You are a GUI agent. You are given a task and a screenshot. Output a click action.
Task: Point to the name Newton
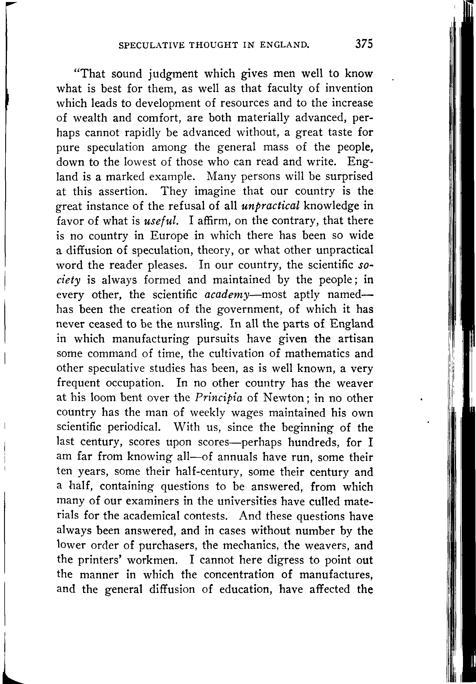pyautogui.click(x=284, y=398)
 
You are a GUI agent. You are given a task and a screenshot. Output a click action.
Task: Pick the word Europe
pyautogui.click(x=169, y=236)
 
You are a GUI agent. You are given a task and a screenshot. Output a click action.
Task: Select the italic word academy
pyautogui.click(x=227, y=294)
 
